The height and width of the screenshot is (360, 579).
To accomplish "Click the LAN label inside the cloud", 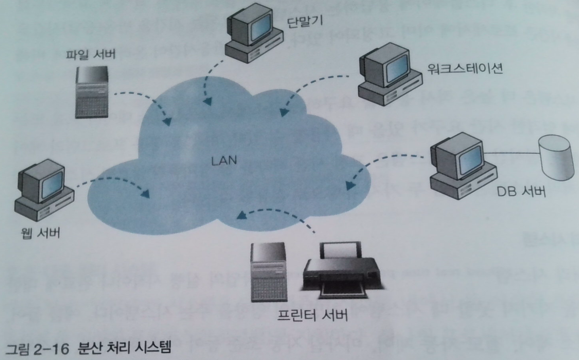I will click(224, 161).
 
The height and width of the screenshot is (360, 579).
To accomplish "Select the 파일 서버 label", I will click(91, 54).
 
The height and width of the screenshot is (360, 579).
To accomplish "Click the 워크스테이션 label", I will click(465, 68).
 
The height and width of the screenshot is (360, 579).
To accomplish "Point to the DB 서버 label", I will click(521, 192).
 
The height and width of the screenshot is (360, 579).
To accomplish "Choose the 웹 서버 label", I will click(40, 232).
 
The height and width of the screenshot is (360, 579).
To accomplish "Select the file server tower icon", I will click(92, 92).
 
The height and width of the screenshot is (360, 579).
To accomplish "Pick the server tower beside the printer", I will click(268, 272).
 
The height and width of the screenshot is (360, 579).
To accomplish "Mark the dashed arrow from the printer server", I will click(278, 213).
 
